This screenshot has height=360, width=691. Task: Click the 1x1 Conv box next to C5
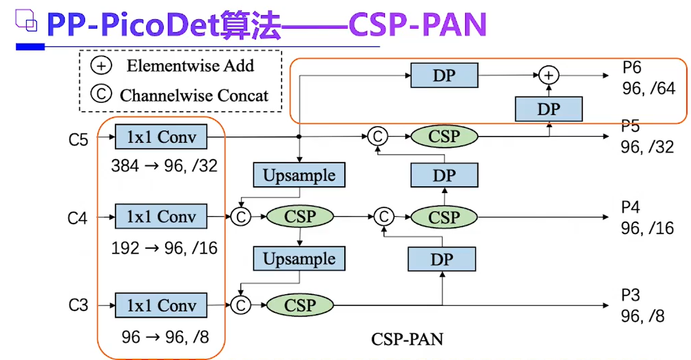click(x=161, y=137)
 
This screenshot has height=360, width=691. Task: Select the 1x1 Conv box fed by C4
click(x=161, y=217)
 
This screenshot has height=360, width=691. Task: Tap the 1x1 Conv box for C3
click(x=161, y=305)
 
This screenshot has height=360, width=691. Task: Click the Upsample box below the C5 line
click(x=299, y=175)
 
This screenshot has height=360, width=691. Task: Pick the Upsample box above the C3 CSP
click(x=299, y=259)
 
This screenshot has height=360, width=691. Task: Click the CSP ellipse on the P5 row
click(x=444, y=136)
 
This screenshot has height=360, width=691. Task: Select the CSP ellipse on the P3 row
click(x=300, y=305)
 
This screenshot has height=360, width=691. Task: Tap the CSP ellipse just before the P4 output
click(x=444, y=217)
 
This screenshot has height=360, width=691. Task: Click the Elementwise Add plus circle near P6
click(x=548, y=76)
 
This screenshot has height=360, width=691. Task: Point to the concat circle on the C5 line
click(x=377, y=136)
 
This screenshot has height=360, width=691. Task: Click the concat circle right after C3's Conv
click(x=240, y=305)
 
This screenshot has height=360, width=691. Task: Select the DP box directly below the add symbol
click(x=548, y=109)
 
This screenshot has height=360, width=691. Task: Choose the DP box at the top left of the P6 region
click(x=444, y=76)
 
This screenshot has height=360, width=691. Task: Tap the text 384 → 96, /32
click(x=164, y=166)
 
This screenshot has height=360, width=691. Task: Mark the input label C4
click(x=78, y=218)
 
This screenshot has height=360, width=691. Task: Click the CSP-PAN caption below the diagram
click(x=408, y=339)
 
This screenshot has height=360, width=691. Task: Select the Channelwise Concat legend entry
click(x=180, y=95)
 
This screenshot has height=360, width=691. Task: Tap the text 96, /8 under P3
click(x=643, y=316)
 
